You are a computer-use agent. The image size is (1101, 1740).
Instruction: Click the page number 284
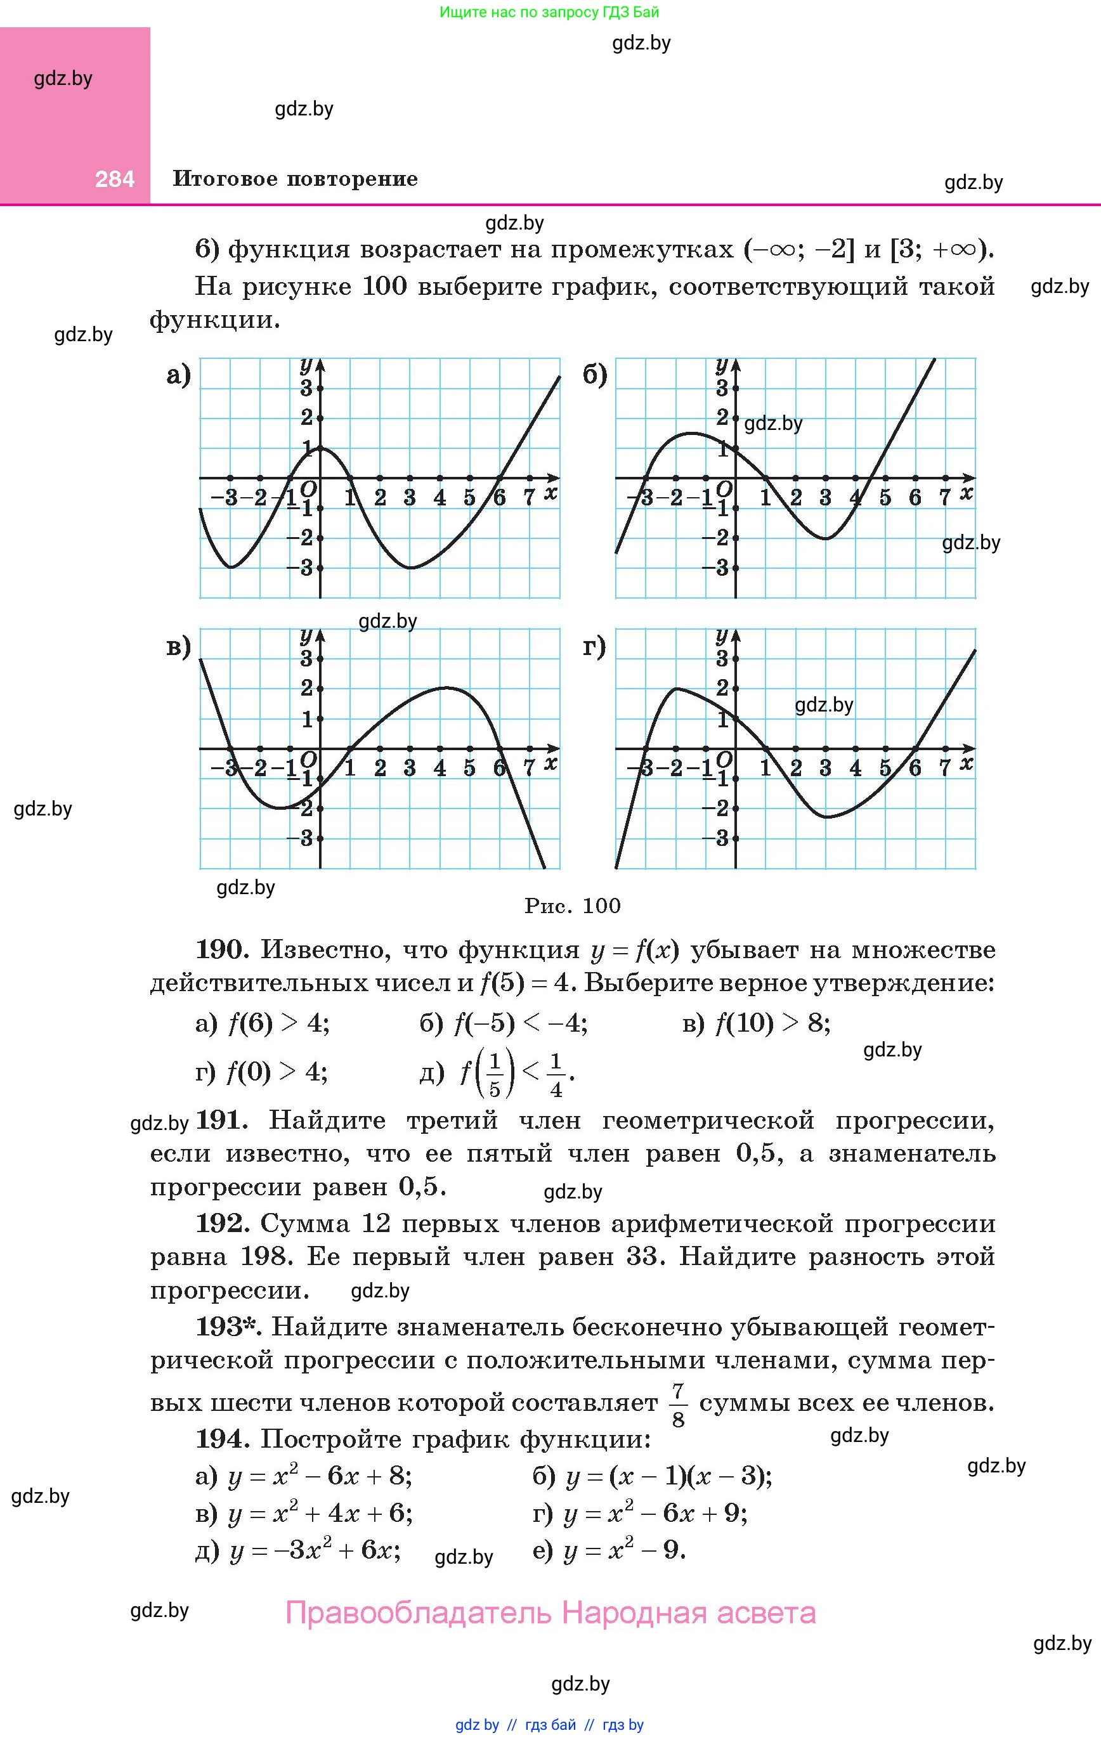pyautogui.click(x=114, y=179)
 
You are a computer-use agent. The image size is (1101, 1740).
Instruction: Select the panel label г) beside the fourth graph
pyautogui.click(x=594, y=646)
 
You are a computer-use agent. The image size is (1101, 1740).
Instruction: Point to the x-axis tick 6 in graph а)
pyautogui.click(x=500, y=497)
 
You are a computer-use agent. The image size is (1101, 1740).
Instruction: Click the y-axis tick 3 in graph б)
pyautogui.click(x=722, y=388)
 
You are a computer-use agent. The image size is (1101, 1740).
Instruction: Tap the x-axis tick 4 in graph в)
pyautogui.click(x=440, y=767)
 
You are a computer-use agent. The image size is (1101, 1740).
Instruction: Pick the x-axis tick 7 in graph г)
pyautogui.click(x=944, y=767)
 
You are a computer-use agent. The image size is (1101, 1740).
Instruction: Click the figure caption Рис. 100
pyautogui.click(x=573, y=906)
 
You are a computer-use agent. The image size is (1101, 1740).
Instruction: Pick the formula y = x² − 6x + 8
pyautogui.click(x=320, y=1476)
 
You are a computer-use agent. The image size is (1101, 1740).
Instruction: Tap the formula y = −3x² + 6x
pyautogui.click(x=315, y=1550)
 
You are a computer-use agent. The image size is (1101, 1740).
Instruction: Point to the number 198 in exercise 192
pyautogui.click(x=265, y=1257)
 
